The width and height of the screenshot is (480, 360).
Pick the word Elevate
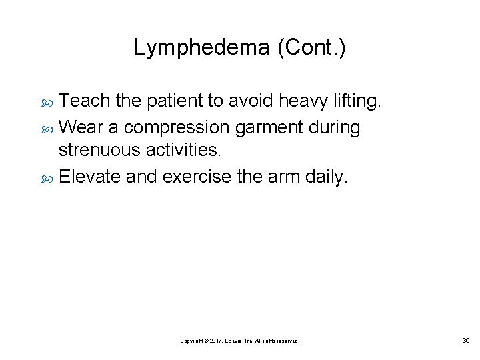[x=87, y=177]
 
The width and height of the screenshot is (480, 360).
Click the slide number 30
[x=465, y=341]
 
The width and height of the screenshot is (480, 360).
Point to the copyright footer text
[x=240, y=341]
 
